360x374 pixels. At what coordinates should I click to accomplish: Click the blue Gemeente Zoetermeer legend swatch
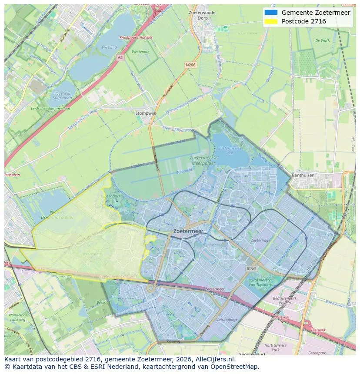tap(270, 13)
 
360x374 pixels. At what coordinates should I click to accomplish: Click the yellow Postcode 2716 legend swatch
tap(270, 21)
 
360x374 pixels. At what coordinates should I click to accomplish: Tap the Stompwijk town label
tap(146, 113)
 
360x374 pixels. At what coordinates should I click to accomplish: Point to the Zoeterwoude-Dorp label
tap(203, 15)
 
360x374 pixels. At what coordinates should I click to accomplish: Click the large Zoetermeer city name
tap(188, 232)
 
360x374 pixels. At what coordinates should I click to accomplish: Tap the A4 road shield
tap(120, 57)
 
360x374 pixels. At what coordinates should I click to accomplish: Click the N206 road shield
tap(190, 65)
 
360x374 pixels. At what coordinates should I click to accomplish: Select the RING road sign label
tap(251, 269)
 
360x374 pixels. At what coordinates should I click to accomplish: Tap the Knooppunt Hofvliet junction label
tap(136, 37)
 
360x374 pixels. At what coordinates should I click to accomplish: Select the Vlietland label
tap(109, 47)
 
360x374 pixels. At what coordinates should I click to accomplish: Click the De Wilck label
tap(322, 40)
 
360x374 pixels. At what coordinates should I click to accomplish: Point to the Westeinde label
tap(141, 52)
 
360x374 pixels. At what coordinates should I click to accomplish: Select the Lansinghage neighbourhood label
tap(227, 319)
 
